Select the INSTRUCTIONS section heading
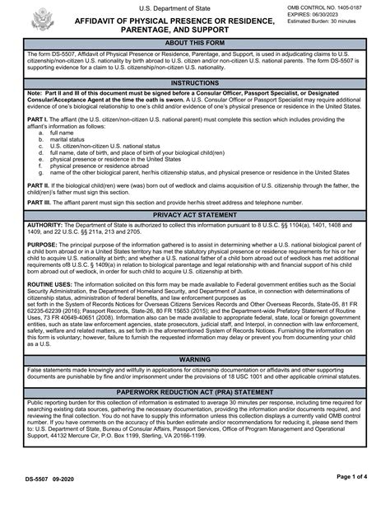click(x=195, y=83)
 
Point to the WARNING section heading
click(x=195, y=360)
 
